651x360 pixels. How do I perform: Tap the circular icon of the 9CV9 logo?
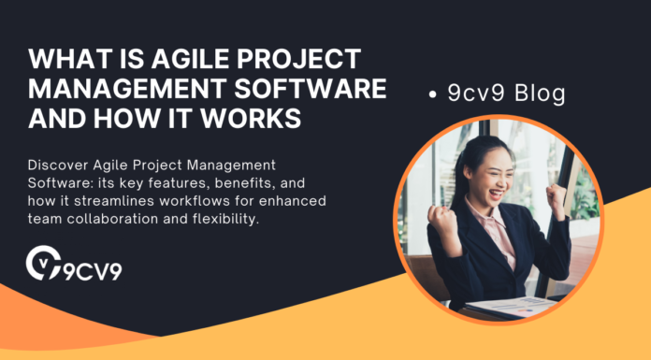click(x=43, y=263)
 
